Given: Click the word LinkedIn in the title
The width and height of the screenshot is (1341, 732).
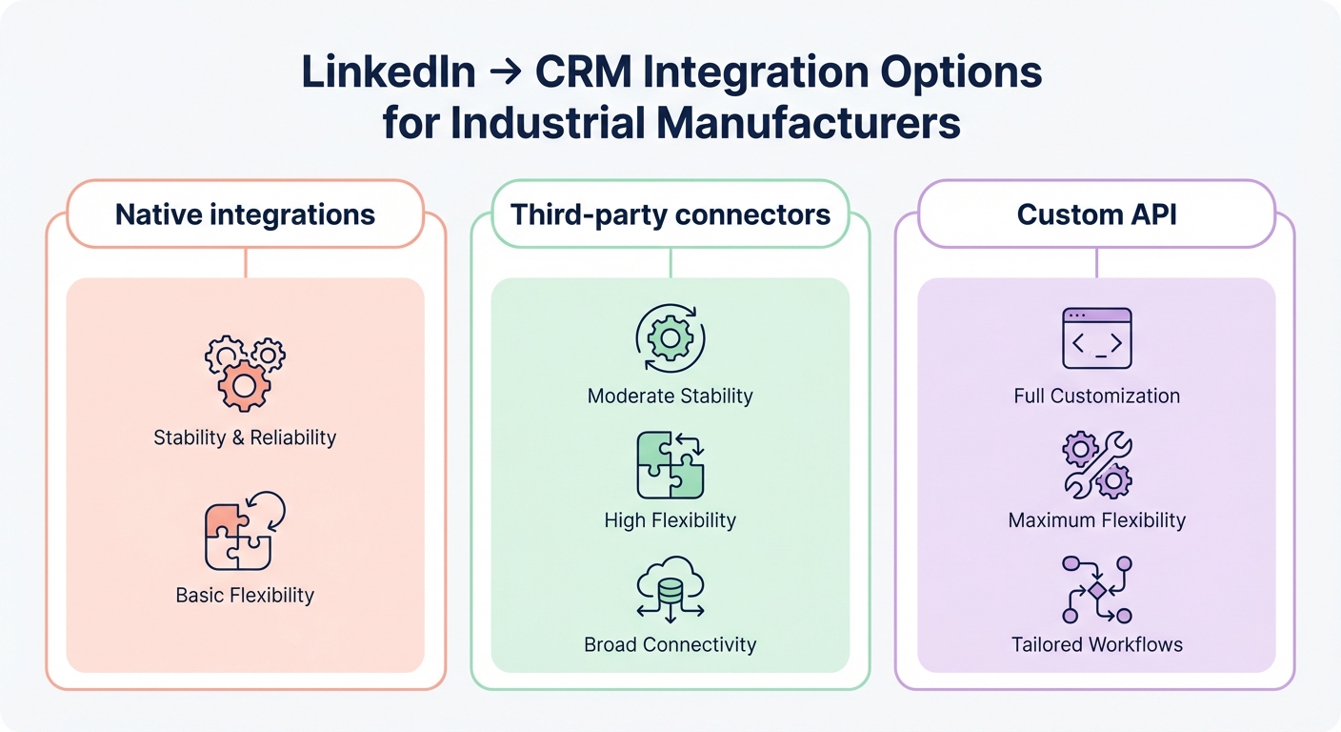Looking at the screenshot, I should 389,74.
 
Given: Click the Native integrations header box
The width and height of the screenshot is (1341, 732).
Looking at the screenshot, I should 245,214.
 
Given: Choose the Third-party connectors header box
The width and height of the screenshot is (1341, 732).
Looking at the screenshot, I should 670,214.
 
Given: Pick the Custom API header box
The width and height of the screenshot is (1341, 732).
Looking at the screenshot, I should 1096,214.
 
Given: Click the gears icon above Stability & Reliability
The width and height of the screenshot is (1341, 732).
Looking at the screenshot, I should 245,371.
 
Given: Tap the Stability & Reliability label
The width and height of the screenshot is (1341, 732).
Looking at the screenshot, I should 245,438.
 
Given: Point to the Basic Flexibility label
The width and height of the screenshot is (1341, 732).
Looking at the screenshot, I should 245,596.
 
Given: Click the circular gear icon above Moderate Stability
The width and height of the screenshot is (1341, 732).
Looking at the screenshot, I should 670,338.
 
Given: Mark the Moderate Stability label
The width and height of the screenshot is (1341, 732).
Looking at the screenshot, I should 670,396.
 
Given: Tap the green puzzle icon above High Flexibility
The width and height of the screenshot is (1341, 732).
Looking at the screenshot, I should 670,465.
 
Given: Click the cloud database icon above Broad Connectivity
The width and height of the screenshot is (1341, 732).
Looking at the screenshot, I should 670,591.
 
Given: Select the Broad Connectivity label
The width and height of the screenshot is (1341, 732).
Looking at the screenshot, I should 670,645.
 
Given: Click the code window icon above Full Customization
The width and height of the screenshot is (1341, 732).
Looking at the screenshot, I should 1096,338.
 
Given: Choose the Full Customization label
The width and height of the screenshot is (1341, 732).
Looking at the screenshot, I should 1096,396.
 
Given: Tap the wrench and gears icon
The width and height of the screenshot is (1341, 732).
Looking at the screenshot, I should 1096,465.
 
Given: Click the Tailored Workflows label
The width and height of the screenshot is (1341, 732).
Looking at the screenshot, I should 1096,645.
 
